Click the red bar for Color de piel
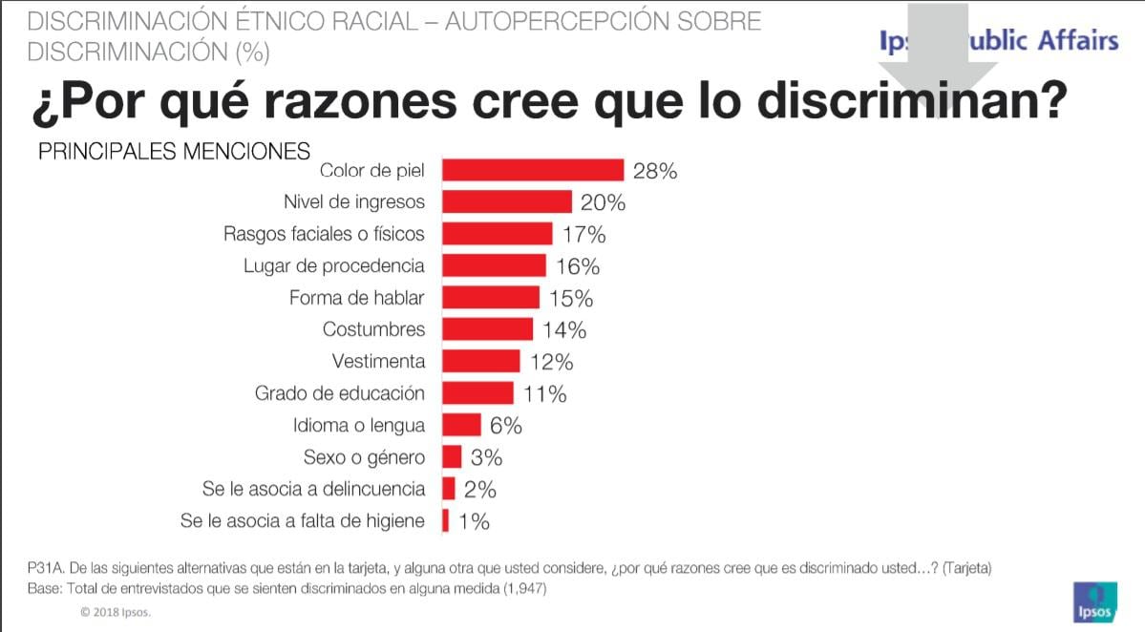532,170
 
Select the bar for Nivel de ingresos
506,201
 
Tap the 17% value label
583,234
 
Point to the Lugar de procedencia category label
334,265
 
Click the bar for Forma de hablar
490,297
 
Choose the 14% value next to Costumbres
563,330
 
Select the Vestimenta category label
378,362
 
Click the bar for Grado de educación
477,393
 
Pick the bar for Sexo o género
452,456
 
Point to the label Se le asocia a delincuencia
313,489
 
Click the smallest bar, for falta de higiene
445,521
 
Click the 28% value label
655,171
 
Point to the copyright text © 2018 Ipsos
116,612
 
